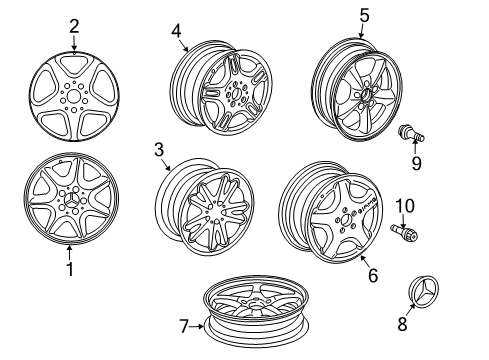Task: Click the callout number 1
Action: tap(70, 269)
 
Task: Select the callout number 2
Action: tap(74, 26)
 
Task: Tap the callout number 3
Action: tap(159, 149)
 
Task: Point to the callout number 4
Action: tap(176, 31)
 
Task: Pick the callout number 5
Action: tap(364, 15)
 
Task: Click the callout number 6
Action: tap(373, 275)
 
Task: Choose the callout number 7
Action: tap(184, 326)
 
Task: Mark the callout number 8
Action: tap(402, 324)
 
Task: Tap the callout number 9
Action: tap(416, 163)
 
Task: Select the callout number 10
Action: tap(405, 206)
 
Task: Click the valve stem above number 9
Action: tap(411, 133)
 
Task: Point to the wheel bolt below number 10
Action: tap(404, 232)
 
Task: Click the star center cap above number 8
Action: tap(424, 290)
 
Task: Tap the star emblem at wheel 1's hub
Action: tap(71, 200)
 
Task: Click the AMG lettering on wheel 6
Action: tap(366, 206)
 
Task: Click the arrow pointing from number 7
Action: tap(197, 326)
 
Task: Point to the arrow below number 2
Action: tap(74, 44)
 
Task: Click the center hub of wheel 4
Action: tap(234, 92)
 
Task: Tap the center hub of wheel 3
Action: tap(217, 211)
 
